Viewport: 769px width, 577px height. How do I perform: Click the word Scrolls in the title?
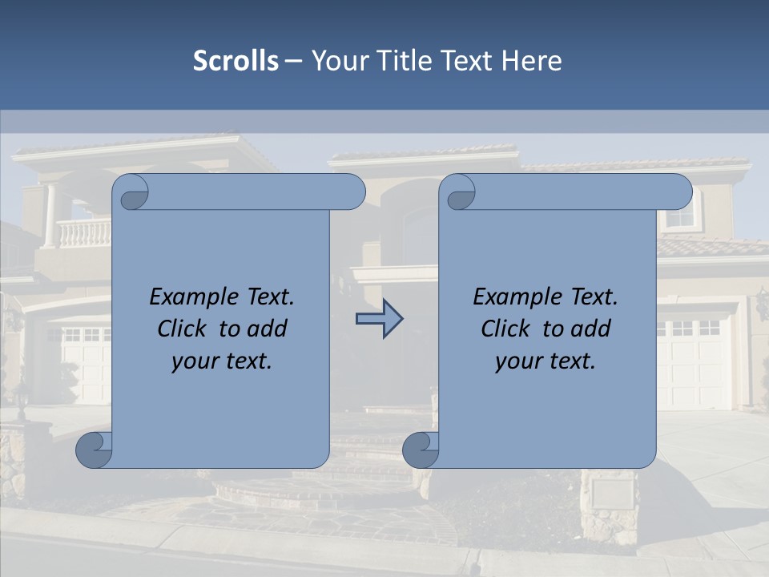236,61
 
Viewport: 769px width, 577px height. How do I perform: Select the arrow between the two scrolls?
379,319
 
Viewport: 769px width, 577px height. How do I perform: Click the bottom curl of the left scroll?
94,450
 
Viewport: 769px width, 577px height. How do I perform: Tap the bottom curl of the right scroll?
421,450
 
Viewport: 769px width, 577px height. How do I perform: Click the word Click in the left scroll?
183,329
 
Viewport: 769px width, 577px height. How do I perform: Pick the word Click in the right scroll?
506,329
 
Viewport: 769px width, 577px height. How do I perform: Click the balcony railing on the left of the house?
82,233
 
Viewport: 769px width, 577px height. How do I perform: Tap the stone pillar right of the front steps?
608,505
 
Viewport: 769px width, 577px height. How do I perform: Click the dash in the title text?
294,61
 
